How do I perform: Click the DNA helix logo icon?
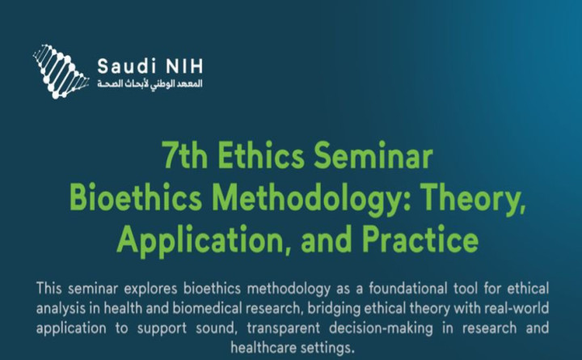(x=61, y=71)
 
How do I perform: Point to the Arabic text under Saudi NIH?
(x=144, y=84)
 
